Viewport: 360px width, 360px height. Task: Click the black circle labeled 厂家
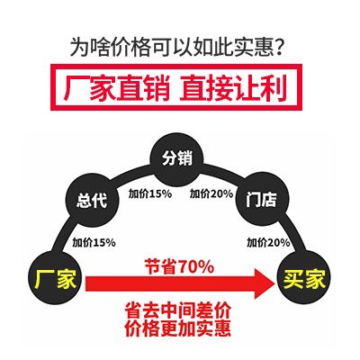pos(55,278)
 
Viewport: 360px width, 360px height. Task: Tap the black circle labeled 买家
pos(304,278)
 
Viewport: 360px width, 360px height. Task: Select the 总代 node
pos(92,200)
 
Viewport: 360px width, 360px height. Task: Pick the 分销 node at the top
pos(177,158)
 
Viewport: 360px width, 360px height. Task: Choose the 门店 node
pos(262,199)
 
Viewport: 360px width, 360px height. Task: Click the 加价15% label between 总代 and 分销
pos(150,194)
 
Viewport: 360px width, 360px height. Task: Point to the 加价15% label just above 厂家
pos(94,242)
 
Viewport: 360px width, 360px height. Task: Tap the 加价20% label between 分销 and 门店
pos(211,194)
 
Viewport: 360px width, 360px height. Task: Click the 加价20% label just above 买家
pos(268,242)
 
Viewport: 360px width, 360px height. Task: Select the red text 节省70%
pos(179,266)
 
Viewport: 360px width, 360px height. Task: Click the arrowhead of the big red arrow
pos(265,283)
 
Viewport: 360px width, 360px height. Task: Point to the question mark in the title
pos(278,48)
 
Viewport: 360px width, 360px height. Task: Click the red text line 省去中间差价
pos(177,310)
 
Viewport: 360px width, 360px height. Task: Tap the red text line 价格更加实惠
pos(177,328)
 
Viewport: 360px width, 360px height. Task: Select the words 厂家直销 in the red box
pos(117,87)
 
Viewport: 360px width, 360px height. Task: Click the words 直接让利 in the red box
pos(233,87)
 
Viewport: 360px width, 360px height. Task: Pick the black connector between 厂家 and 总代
pos(62,238)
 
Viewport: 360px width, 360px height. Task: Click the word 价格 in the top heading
pos(122,48)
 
